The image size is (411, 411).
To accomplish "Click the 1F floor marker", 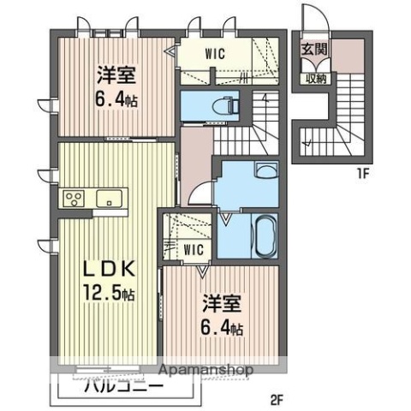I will pyautogui.click(x=362, y=175).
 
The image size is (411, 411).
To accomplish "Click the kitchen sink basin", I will pyautogui.click(x=110, y=200).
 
